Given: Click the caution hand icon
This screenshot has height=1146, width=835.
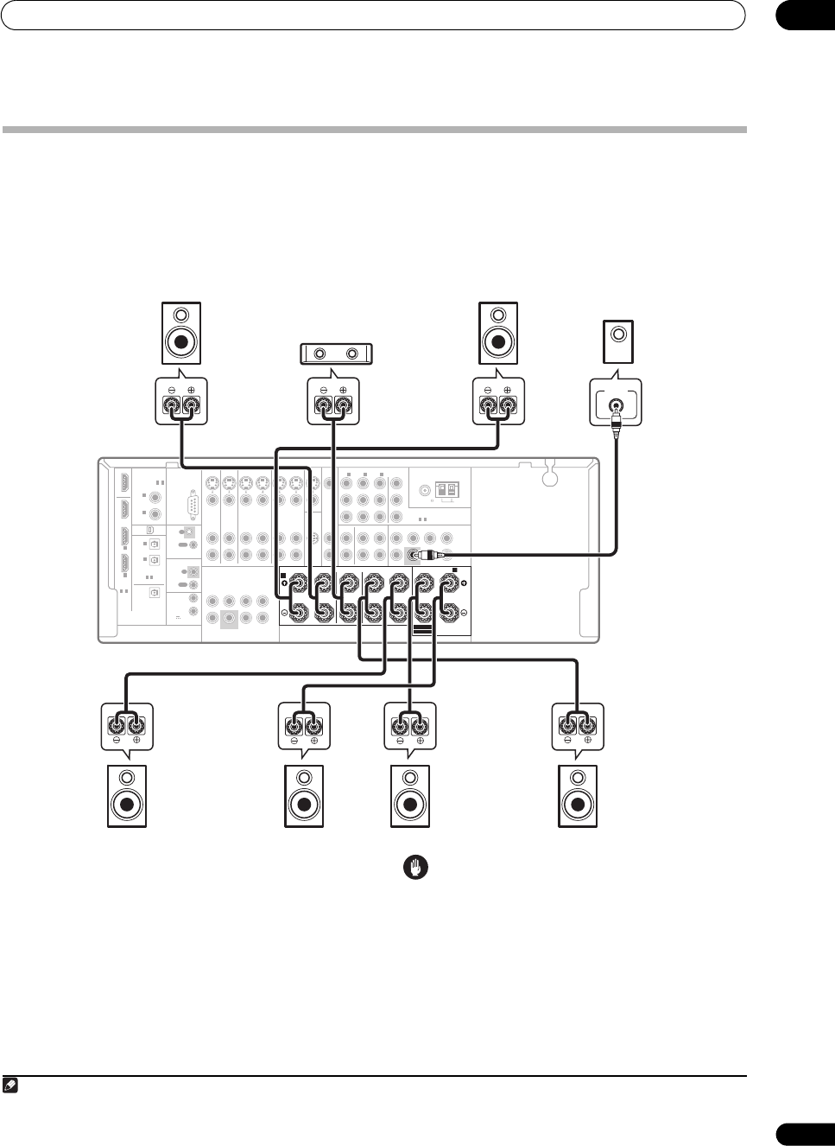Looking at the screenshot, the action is coord(417,868).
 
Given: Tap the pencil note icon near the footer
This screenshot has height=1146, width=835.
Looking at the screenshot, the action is coord(9,1085).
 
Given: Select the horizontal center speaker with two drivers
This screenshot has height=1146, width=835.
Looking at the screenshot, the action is coord(335,353).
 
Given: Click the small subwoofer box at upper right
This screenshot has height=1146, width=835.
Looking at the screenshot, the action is coord(618,342).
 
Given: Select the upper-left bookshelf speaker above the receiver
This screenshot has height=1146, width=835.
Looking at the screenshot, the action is coord(180,333).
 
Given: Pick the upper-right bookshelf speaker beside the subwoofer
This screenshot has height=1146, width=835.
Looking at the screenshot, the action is coord(499,333).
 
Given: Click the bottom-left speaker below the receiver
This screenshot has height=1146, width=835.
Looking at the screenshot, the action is coord(127,797).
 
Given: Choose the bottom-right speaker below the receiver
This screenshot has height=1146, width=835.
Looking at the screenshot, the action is coord(578,797).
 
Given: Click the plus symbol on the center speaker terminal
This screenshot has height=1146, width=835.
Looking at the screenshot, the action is coord(344,391).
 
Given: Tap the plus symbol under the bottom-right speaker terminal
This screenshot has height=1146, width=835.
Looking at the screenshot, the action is coord(588,741).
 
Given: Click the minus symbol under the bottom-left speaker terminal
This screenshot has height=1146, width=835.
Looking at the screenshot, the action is coord(117,741).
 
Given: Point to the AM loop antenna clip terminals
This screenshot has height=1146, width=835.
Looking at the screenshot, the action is coord(446,490).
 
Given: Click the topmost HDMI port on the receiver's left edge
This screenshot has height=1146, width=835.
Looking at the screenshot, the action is coord(125,482).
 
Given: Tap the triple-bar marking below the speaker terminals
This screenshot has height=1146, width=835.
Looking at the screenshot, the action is coord(421,632).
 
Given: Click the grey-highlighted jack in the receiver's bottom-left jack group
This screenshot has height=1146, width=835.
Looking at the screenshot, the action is coord(229,619).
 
